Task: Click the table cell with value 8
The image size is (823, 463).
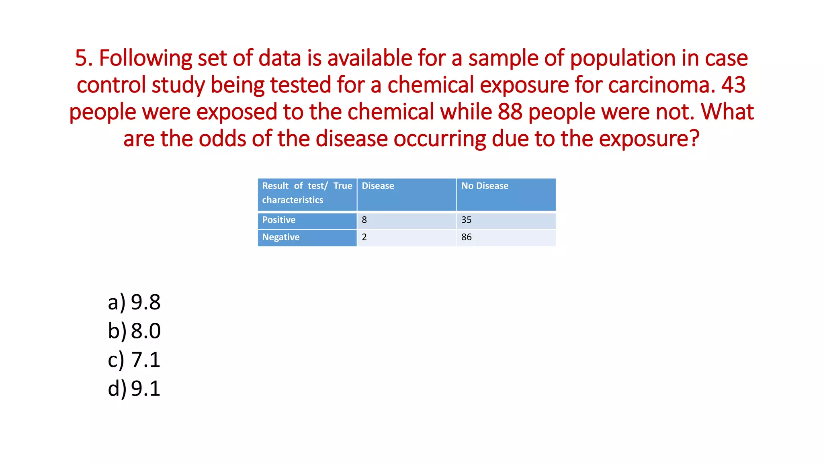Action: coord(406,220)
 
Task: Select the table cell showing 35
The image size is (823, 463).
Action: coord(506,220)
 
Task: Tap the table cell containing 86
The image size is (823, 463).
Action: coord(506,238)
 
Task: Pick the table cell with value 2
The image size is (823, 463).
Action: coord(406,238)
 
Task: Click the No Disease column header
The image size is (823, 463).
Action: coord(485,186)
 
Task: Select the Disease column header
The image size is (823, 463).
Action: coord(378,186)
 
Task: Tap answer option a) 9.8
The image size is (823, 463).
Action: coord(134,302)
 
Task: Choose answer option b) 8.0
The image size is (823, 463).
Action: coord(134,331)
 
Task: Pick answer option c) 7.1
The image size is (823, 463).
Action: coord(134,360)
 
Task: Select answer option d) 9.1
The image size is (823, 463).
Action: coord(134,389)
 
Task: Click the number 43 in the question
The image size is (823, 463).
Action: coord(733,85)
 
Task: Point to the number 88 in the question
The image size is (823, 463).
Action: coord(510,112)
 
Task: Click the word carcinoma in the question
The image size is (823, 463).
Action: coord(661,85)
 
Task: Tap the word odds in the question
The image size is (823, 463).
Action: coord(222,139)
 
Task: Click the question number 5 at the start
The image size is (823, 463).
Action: coord(81,58)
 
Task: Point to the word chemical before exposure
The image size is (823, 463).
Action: coord(430,85)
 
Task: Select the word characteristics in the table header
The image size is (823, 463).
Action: coord(293,200)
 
